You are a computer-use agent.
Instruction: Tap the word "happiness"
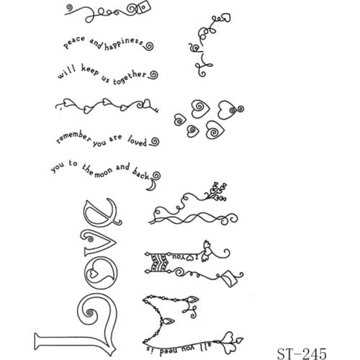[x=124, y=44]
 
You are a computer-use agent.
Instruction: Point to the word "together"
[x=130, y=75]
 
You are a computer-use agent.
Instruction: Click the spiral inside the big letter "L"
[x=92, y=313]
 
